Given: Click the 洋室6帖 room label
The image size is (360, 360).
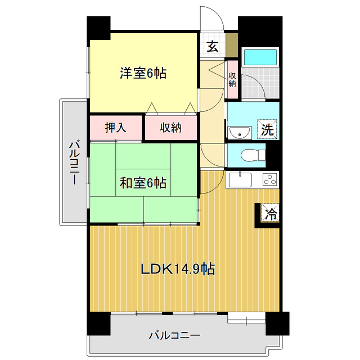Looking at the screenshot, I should click(x=142, y=73).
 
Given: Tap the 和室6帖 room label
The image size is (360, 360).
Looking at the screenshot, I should click(x=142, y=183).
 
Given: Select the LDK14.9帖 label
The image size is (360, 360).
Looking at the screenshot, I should click(x=177, y=268).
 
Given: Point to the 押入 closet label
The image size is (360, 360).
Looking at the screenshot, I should click(x=116, y=128).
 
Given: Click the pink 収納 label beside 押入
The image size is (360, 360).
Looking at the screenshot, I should click(x=170, y=128).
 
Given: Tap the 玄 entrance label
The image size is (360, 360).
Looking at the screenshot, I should click(x=212, y=47).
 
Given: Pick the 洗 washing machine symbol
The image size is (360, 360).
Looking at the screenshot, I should click(x=268, y=129).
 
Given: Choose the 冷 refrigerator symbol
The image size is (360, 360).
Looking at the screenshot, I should click(x=271, y=214).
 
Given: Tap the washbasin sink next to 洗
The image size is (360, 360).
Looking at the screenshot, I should click(x=241, y=132).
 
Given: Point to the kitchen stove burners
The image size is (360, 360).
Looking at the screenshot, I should click(x=269, y=180).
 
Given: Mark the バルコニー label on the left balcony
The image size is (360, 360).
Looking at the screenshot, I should click(x=73, y=164).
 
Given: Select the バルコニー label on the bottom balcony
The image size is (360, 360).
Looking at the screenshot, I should click(x=174, y=336).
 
